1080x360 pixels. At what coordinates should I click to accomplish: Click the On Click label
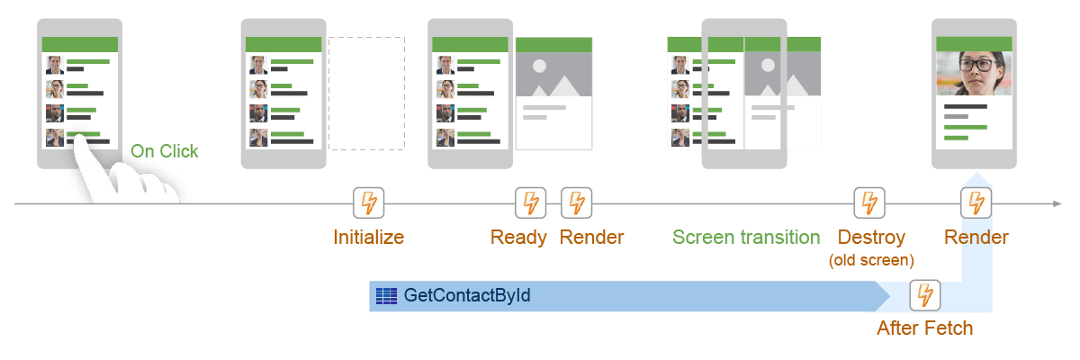click(x=165, y=151)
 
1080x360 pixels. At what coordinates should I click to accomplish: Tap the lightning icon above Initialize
click(x=368, y=203)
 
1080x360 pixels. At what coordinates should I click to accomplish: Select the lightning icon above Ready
click(x=530, y=203)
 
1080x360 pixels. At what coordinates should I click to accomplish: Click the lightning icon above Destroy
click(x=868, y=203)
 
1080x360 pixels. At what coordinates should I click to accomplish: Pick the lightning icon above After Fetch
click(x=924, y=294)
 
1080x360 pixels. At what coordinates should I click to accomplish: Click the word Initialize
click(x=368, y=238)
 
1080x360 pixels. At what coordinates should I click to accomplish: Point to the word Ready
click(x=518, y=238)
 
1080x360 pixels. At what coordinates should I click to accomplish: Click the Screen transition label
click(x=746, y=238)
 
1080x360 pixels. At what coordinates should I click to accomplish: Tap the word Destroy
click(x=871, y=238)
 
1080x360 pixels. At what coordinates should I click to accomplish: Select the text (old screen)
click(x=871, y=260)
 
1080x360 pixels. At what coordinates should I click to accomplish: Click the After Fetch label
click(x=925, y=328)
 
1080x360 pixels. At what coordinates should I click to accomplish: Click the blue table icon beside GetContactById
click(x=387, y=295)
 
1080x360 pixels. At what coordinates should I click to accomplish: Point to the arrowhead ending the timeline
click(x=1057, y=204)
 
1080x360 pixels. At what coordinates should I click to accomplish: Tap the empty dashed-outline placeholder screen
click(x=366, y=93)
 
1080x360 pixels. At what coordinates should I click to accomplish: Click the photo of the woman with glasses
click(x=974, y=75)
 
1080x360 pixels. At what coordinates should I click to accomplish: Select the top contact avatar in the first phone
click(x=55, y=65)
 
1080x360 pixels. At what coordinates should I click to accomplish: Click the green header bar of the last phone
click(x=974, y=43)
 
